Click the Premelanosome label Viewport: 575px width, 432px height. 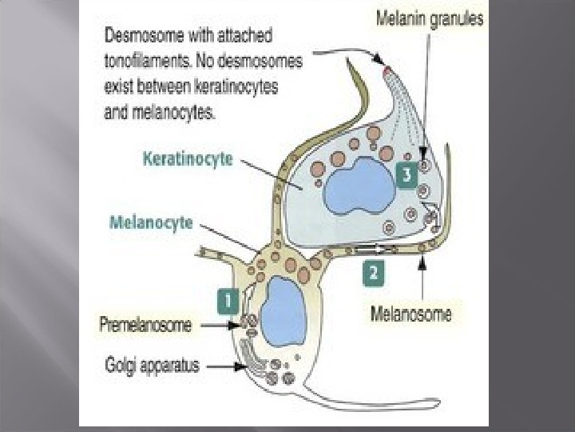146,326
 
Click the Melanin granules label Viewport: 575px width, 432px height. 430,19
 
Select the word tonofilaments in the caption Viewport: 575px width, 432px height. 151,53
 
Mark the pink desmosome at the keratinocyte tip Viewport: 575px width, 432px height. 387,73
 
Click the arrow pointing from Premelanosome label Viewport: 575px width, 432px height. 219,326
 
